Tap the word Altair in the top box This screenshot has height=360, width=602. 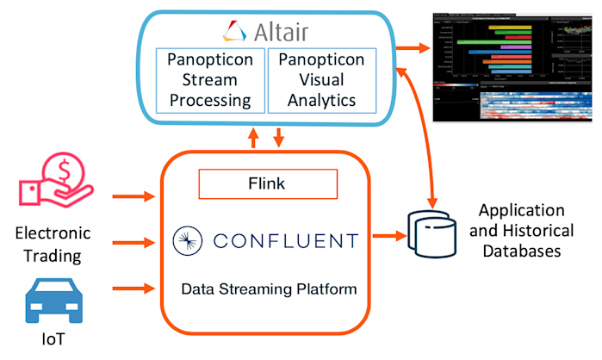click(281, 33)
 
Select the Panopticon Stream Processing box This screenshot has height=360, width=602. click(209, 80)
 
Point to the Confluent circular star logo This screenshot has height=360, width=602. click(187, 240)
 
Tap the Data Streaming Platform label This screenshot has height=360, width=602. click(269, 289)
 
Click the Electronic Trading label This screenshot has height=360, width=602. click(53, 244)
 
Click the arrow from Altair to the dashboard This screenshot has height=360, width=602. click(416, 44)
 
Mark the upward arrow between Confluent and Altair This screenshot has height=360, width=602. click(252, 137)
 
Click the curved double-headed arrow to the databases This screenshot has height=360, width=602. click(419, 129)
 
